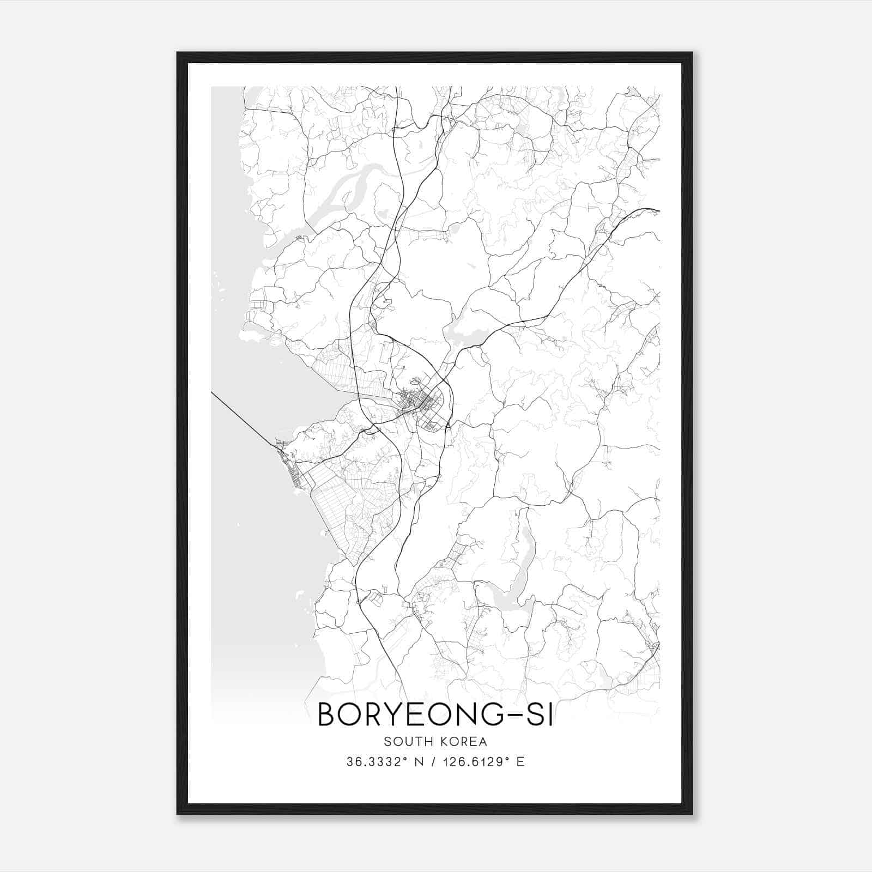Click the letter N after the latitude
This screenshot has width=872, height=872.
[x=419, y=761]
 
